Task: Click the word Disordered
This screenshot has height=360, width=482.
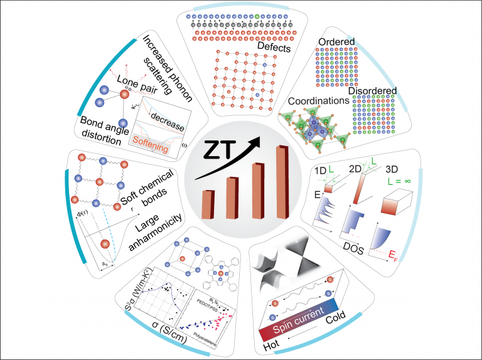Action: tap(375, 92)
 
